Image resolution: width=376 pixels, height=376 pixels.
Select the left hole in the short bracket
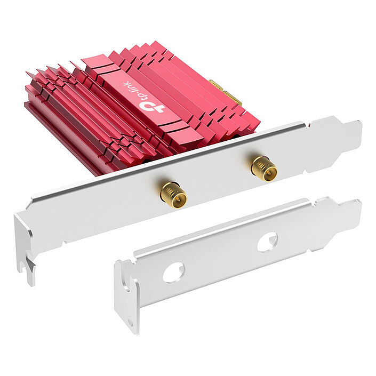[x=173, y=273]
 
